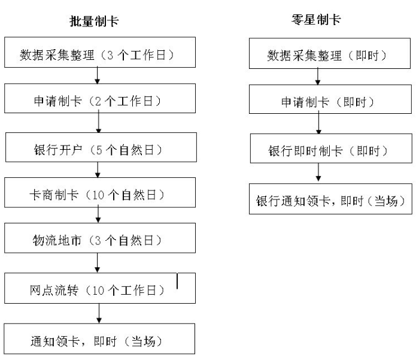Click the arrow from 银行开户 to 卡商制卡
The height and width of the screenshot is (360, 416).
point(97,171)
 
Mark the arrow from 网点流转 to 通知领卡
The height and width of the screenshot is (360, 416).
point(98,314)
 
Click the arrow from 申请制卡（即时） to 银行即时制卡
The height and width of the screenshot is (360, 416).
point(319,126)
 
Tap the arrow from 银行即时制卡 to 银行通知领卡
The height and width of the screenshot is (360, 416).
point(319,174)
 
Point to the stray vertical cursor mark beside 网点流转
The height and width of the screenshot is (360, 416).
point(177,280)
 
